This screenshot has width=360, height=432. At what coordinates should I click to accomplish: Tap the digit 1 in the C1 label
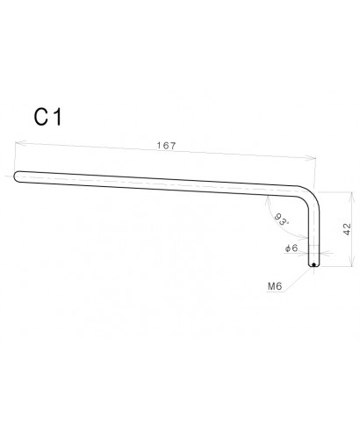(x=57, y=118)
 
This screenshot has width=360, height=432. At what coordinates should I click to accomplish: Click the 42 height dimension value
(x=347, y=228)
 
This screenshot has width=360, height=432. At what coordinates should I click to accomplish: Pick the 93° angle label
(x=281, y=220)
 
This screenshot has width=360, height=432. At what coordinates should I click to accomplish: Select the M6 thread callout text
(x=273, y=285)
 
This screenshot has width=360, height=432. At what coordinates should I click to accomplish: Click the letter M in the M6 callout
(x=270, y=285)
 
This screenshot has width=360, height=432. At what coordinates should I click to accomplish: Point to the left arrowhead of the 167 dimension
(x=16, y=142)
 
